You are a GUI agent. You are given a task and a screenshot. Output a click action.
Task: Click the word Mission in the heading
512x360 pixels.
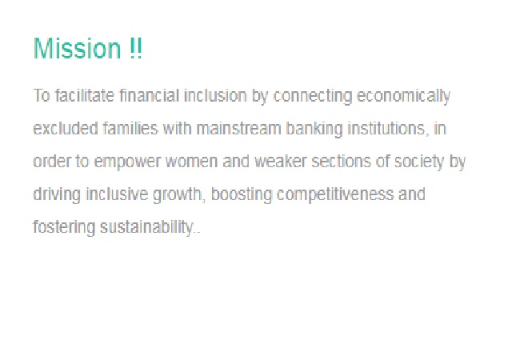coord(77,48)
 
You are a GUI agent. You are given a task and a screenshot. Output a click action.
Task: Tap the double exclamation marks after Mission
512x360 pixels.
coord(135,48)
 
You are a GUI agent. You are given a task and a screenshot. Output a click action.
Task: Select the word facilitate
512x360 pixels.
coord(85,95)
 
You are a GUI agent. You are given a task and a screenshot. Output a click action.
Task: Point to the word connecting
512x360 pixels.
coord(313,97)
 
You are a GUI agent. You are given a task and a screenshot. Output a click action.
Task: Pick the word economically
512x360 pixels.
coord(403,97)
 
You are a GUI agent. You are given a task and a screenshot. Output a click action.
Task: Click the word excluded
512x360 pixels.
coord(66,128)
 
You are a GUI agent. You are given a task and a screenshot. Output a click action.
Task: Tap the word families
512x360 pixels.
coord(130,128)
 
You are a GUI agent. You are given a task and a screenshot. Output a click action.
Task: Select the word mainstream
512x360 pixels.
coord(238,128)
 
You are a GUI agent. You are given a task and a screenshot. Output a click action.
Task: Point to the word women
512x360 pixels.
coord(191,162)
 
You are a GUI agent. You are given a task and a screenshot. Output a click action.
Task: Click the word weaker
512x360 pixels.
coord(281,161)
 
